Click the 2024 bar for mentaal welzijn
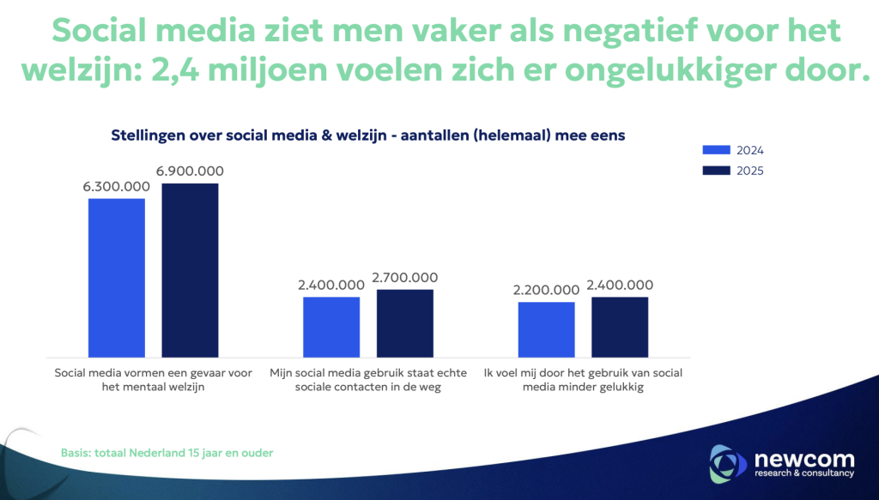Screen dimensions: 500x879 coord(116,277)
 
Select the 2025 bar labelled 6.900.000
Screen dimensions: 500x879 coord(190,269)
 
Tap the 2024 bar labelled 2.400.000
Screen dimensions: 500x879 coord(330,327)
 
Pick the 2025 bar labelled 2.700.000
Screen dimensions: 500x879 coord(404,322)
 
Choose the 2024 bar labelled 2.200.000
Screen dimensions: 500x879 coord(546,329)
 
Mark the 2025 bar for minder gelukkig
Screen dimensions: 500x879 coord(620,327)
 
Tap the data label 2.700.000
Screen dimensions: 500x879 coord(404,278)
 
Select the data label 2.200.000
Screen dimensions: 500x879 coord(546,291)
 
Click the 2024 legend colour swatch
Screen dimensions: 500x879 coord(715,150)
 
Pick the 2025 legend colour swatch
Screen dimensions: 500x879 coord(715,170)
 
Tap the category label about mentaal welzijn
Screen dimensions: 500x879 coord(153,380)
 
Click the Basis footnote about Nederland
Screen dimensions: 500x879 coord(167,452)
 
